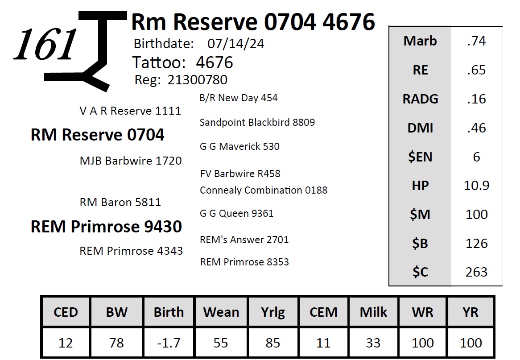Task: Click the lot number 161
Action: [x=45, y=44]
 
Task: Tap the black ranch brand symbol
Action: [x=86, y=51]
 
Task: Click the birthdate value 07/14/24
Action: [x=236, y=44]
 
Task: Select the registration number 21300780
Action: [x=197, y=80]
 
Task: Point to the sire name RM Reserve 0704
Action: [x=98, y=135]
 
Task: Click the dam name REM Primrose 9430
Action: [x=106, y=227]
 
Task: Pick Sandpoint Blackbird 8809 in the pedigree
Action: [x=257, y=122]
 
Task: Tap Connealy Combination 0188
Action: [x=264, y=190]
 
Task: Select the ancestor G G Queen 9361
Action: [x=236, y=213]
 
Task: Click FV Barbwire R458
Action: [x=240, y=174]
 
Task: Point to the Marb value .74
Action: [x=476, y=41]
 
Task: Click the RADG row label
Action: [x=420, y=99]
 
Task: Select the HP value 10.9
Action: [x=476, y=186]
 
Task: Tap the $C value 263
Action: [x=476, y=272]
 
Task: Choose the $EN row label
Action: [x=420, y=157]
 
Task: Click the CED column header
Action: [x=66, y=312]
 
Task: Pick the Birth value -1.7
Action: [x=169, y=343]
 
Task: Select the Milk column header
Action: [x=373, y=312]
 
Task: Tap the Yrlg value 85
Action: [x=272, y=343]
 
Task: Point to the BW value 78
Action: [x=116, y=343]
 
